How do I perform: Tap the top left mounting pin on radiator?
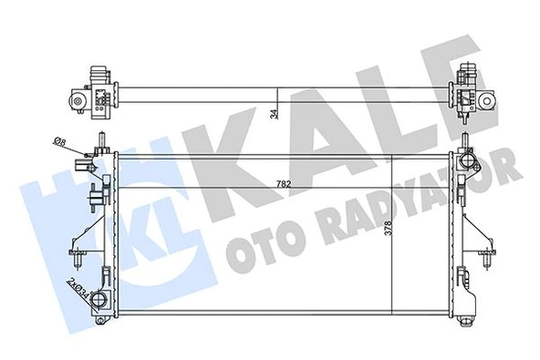click(101, 139)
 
